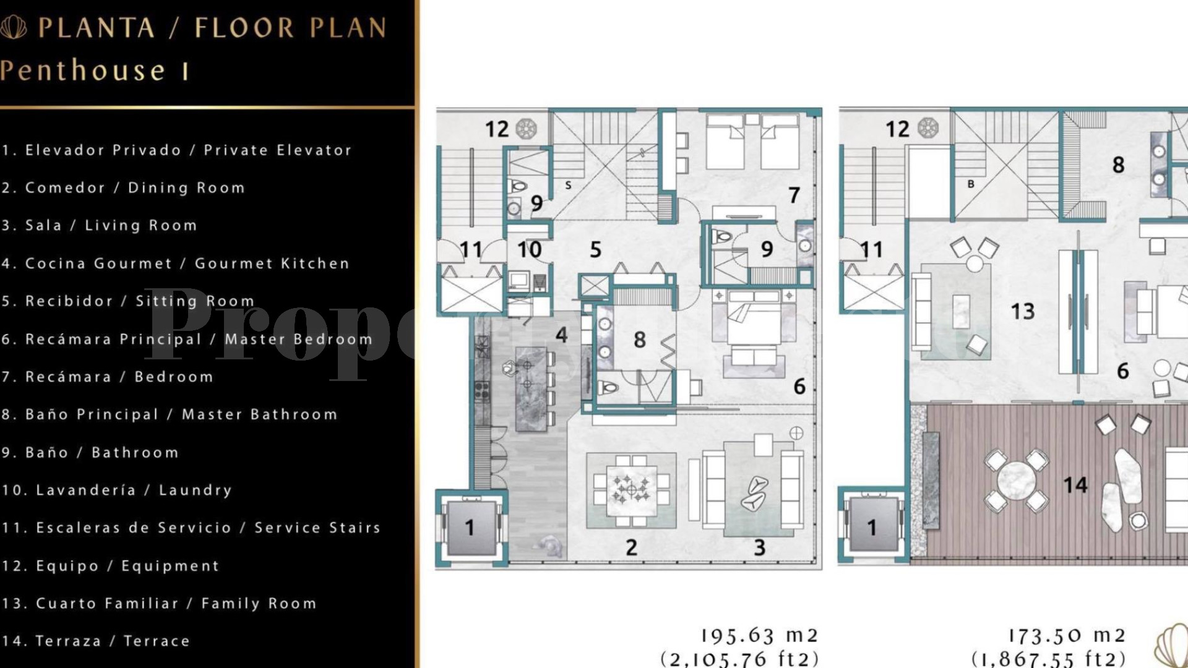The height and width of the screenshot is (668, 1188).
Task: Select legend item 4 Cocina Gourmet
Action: click(x=175, y=263)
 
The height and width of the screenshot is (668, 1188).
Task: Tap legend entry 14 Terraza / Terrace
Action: click(x=96, y=641)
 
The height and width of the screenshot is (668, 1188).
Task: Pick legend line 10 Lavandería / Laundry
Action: click(x=116, y=490)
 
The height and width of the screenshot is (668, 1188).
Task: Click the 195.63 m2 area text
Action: click(x=759, y=636)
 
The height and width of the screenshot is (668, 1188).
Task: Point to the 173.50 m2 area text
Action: click(x=1066, y=636)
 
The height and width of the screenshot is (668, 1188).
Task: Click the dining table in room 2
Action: click(x=631, y=490)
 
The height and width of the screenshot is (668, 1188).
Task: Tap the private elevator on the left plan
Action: click(x=470, y=527)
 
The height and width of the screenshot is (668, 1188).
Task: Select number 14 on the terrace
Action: click(x=1075, y=485)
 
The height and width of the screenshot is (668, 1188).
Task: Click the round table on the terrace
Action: click(x=1017, y=480)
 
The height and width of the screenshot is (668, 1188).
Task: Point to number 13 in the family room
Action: click(x=1022, y=311)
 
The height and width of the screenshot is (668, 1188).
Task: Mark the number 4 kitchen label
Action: click(x=561, y=335)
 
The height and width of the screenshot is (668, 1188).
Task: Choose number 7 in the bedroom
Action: click(x=794, y=195)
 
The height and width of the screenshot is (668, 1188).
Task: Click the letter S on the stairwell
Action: click(x=568, y=185)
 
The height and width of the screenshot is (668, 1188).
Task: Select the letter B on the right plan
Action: click(x=971, y=184)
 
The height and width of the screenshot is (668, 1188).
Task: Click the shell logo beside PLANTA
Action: click(x=14, y=27)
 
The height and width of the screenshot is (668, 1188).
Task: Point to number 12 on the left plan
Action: click(x=497, y=129)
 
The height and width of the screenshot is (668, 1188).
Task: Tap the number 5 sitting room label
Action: click(x=595, y=249)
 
